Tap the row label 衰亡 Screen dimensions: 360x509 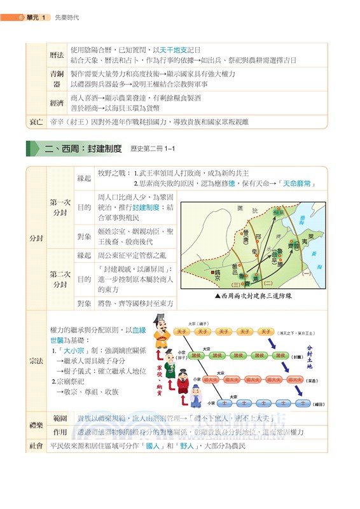pos(36,121)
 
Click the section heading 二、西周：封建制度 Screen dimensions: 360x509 pos(83,149)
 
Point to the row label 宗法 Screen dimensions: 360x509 pos(36,361)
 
